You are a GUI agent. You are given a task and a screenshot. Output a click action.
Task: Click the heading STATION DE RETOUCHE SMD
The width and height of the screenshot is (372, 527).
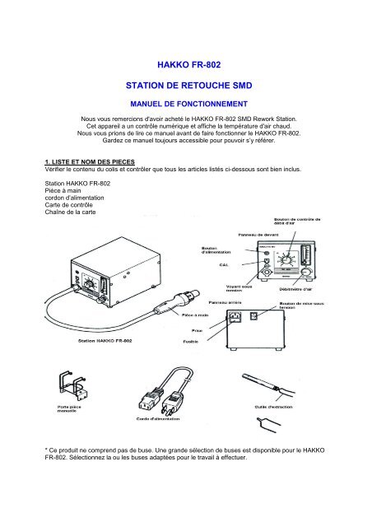[x=185, y=85]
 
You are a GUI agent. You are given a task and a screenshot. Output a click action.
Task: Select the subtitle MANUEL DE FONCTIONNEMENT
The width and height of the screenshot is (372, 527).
[x=185, y=105]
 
